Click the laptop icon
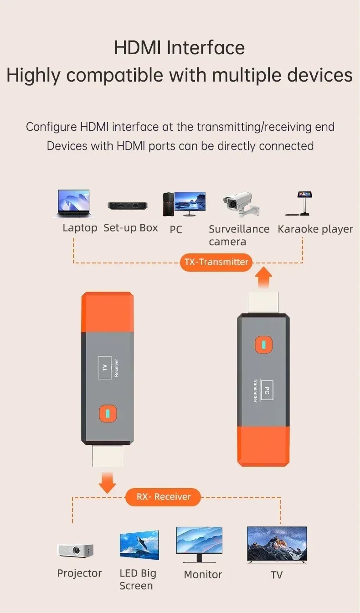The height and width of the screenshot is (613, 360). pos(73,204)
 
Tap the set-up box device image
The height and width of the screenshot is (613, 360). pos(128,206)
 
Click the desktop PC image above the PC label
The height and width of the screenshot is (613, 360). pos(184,204)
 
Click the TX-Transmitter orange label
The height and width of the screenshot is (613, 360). pos(216,262)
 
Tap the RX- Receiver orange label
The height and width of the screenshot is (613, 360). pos(163,497)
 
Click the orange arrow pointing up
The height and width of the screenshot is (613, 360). pos(263,278)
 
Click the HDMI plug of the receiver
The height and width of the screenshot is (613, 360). pos(108,456)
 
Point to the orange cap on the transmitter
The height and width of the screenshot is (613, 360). pos(263,446)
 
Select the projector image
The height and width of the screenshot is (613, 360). pos(75,551)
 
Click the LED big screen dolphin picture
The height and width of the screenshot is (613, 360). pos(139,545)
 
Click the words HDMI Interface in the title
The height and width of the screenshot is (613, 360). pos(180,48)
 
